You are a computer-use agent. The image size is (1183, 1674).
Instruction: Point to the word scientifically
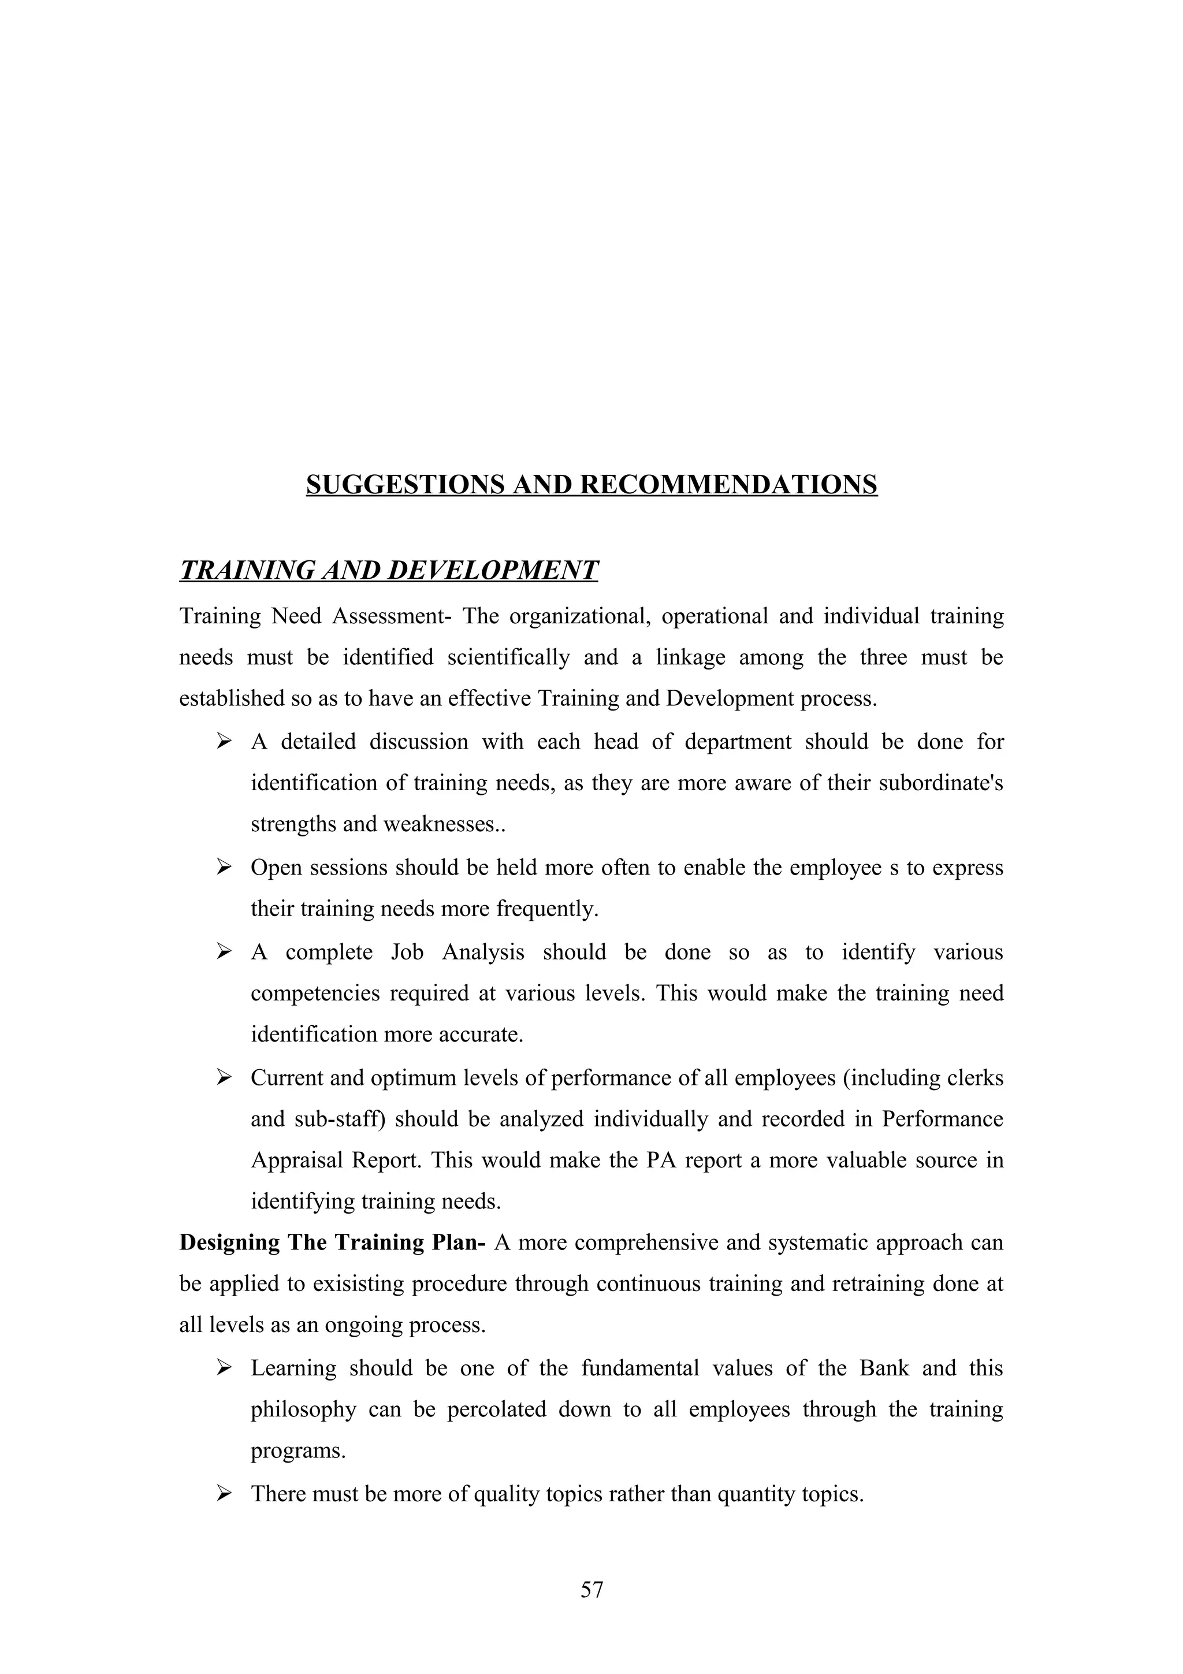(508, 657)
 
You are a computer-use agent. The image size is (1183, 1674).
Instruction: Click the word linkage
(690, 657)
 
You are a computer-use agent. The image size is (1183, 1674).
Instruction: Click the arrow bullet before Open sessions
(224, 867)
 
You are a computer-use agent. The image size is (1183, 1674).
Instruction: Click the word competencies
(315, 994)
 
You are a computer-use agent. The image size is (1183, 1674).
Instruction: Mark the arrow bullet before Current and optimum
(224, 1077)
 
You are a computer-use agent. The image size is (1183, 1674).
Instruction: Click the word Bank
(884, 1368)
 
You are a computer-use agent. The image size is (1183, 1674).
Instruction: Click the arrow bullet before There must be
(224, 1494)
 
